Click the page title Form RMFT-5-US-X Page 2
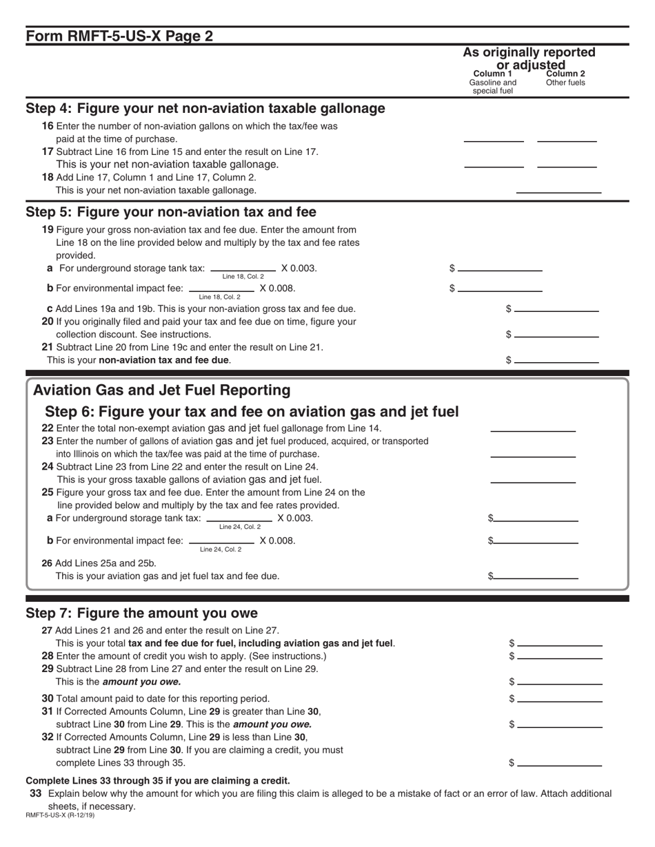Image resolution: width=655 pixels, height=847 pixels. point(119,36)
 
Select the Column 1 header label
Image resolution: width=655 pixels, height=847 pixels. point(492,74)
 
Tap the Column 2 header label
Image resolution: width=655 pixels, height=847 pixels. point(565,74)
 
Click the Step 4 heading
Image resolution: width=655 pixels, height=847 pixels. point(205,109)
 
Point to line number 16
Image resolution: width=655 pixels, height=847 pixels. point(48,127)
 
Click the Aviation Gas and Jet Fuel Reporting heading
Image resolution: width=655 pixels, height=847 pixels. point(162,390)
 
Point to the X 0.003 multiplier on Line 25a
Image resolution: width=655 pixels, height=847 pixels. point(295,518)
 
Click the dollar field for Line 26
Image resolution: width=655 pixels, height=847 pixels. point(536,576)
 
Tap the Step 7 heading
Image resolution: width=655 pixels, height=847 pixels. point(141,613)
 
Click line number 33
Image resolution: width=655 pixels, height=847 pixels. point(36,793)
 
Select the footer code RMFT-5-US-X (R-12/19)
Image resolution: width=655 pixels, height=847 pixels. point(60,815)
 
